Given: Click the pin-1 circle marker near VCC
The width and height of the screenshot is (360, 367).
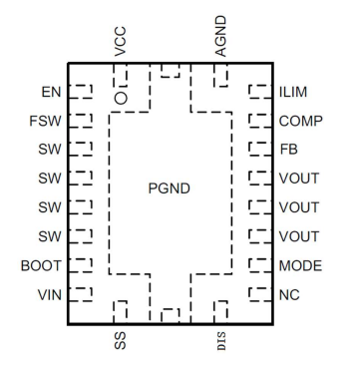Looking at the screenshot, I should coord(121,98).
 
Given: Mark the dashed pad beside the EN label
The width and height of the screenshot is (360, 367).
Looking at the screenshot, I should coord(83,93).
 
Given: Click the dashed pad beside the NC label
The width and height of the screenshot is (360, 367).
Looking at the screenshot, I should coord(258,295).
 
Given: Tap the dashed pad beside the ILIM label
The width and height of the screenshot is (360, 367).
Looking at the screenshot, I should coord(258,93).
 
